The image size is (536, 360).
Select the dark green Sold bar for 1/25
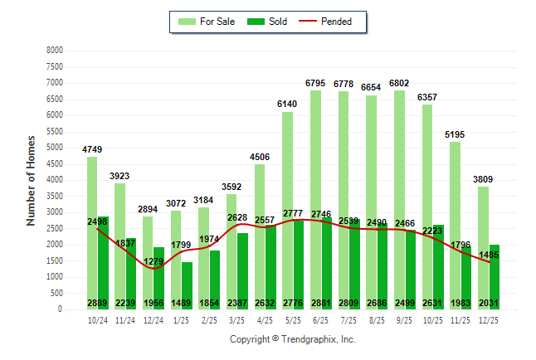(x=187, y=285)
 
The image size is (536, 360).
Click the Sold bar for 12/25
(x=494, y=277)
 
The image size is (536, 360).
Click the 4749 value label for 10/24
(x=92, y=149)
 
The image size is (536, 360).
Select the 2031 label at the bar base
(x=489, y=304)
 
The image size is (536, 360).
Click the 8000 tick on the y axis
(x=55, y=51)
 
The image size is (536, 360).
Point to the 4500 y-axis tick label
(x=55, y=164)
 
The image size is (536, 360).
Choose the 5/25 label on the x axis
(x=293, y=320)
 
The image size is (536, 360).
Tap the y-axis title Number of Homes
(x=32, y=180)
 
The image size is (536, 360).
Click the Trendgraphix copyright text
(x=292, y=340)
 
